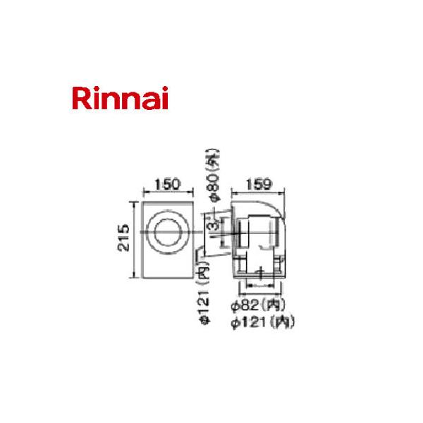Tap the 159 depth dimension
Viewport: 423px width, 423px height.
pyautogui.click(x=262, y=185)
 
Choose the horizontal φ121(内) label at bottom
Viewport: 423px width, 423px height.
pyautogui.click(x=261, y=322)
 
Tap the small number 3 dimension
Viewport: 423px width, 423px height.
pyautogui.click(x=211, y=227)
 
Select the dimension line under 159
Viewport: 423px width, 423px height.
pyautogui.click(x=262, y=192)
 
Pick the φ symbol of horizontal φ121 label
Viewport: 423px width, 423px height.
pyautogui.click(x=235, y=322)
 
